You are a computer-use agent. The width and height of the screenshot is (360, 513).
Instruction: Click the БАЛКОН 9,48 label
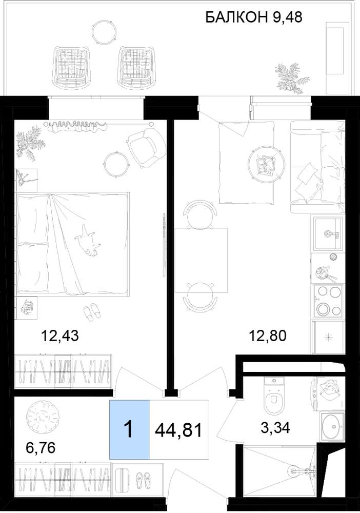click(x=254, y=17)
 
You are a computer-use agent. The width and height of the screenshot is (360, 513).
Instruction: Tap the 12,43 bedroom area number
click(x=60, y=336)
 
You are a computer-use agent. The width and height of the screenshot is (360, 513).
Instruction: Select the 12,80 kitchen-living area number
click(x=268, y=336)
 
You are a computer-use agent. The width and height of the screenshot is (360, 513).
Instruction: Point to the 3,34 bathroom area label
click(x=275, y=428)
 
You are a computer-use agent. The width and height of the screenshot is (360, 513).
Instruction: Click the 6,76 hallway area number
click(x=41, y=447)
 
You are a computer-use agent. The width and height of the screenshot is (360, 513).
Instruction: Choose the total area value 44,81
click(x=178, y=430)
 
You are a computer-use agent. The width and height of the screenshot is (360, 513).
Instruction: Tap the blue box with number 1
click(x=129, y=429)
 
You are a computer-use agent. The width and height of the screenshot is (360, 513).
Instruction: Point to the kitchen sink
click(x=328, y=233)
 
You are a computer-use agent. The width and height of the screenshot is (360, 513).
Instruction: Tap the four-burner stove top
click(x=328, y=300)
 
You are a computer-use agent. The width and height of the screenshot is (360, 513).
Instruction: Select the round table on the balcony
click(x=104, y=31)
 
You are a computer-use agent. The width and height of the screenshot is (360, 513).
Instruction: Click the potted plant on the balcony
click(x=291, y=77)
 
